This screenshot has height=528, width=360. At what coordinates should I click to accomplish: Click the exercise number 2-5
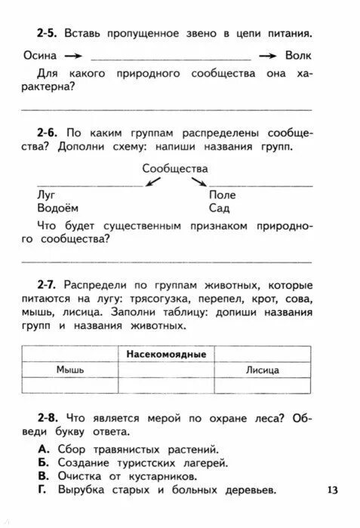(47, 34)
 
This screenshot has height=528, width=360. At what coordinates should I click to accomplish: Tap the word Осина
(39, 56)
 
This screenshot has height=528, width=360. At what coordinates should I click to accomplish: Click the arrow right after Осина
(72, 57)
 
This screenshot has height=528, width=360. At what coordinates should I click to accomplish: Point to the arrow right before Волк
(266, 57)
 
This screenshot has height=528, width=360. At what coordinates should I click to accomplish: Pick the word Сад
(219, 207)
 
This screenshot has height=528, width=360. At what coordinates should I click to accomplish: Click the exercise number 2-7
(47, 285)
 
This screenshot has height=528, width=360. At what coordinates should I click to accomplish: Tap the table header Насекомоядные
(166, 354)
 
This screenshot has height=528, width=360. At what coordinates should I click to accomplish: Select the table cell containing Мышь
(70, 370)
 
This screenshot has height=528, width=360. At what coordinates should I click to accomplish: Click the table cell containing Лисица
(262, 370)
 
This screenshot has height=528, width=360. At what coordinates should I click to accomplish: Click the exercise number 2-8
(47, 418)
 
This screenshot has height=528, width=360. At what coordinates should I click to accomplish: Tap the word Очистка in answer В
(82, 477)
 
